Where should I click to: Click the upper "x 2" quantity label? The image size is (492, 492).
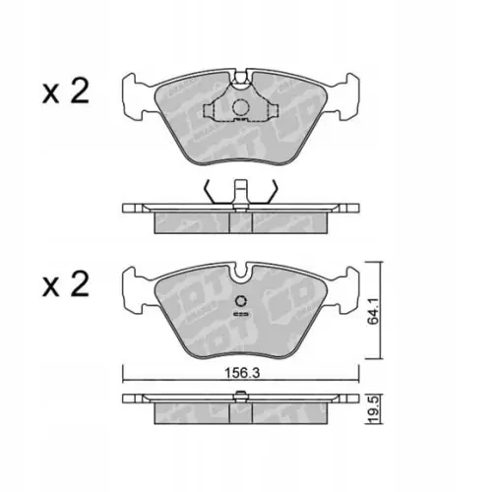(66, 93)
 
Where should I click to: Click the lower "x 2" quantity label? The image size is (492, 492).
(66, 285)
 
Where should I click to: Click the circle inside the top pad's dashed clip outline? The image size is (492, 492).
(239, 108)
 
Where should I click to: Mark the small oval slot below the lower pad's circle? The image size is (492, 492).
(239, 316)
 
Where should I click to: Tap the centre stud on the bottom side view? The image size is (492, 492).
(239, 397)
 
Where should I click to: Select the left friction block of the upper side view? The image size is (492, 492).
(192, 222)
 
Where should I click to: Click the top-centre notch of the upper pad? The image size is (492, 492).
(239, 73)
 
